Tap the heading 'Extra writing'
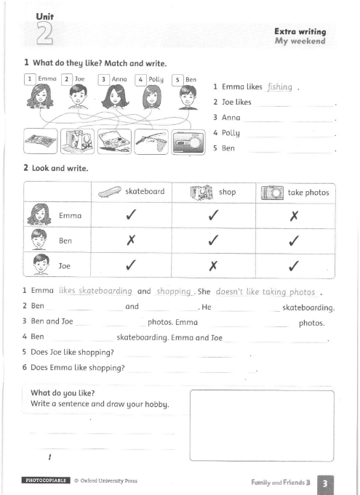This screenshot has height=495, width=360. [x=300, y=31]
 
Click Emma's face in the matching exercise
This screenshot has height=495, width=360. [x=41, y=97]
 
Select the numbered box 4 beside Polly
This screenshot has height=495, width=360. [x=140, y=79]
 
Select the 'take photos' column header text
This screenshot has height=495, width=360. [x=308, y=192]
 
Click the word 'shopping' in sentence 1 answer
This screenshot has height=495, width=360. [x=173, y=291]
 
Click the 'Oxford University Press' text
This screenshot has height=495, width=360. [x=108, y=480]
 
